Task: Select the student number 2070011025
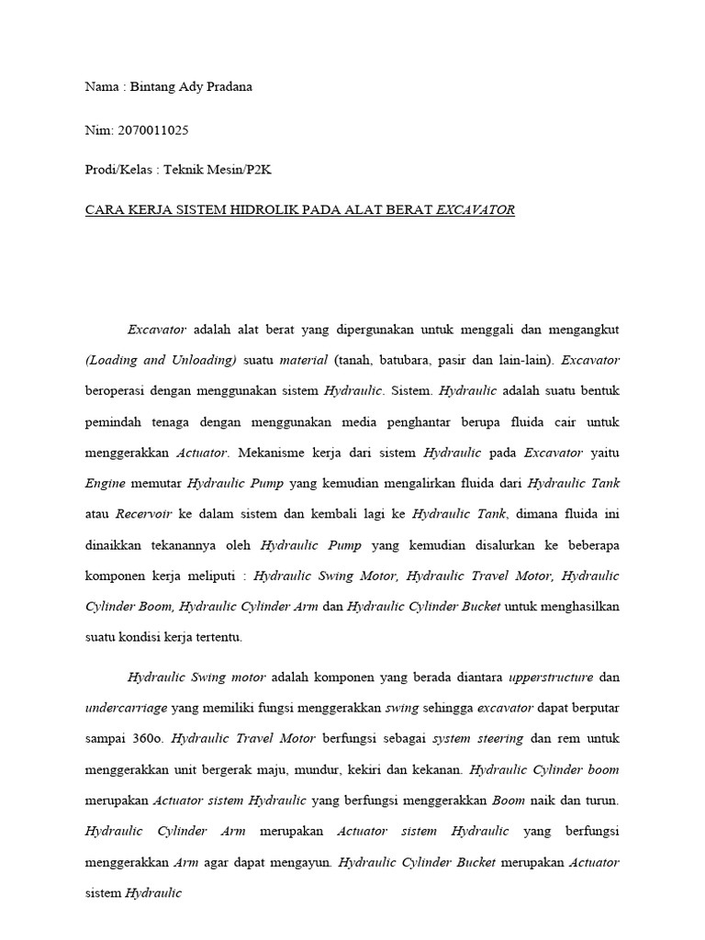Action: [153, 130]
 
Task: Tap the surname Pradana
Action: [226, 87]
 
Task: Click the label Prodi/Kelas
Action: [117, 170]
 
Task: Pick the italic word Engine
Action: [105, 483]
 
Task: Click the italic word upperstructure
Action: [548, 677]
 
